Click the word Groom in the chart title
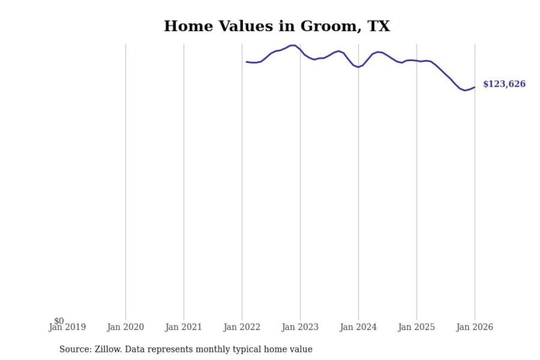[x=328, y=26]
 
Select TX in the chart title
[x=379, y=26]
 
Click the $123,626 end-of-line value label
[x=504, y=84]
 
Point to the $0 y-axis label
[x=59, y=321]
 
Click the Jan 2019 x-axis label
[x=67, y=327]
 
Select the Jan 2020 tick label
[x=125, y=327]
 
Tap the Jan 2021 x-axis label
[x=183, y=327]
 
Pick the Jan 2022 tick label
[x=241, y=327]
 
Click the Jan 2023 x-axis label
[x=300, y=327]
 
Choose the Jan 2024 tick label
[x=358, y=327]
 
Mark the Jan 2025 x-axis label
[x=416, y=327]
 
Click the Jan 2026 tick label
[x=474, y=327]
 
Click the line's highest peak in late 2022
[x=293, y=45]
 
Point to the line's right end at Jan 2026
[x=474, y=87]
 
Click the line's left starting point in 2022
[x=246, y=62]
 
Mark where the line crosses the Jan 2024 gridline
[x=358, y=67]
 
